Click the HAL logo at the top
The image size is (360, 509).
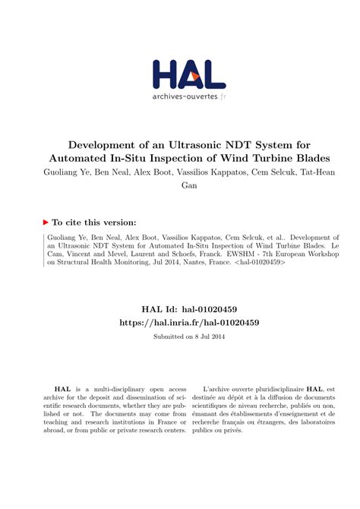188,76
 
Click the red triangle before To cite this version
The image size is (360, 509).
46,222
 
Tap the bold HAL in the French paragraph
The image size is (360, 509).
321,387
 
